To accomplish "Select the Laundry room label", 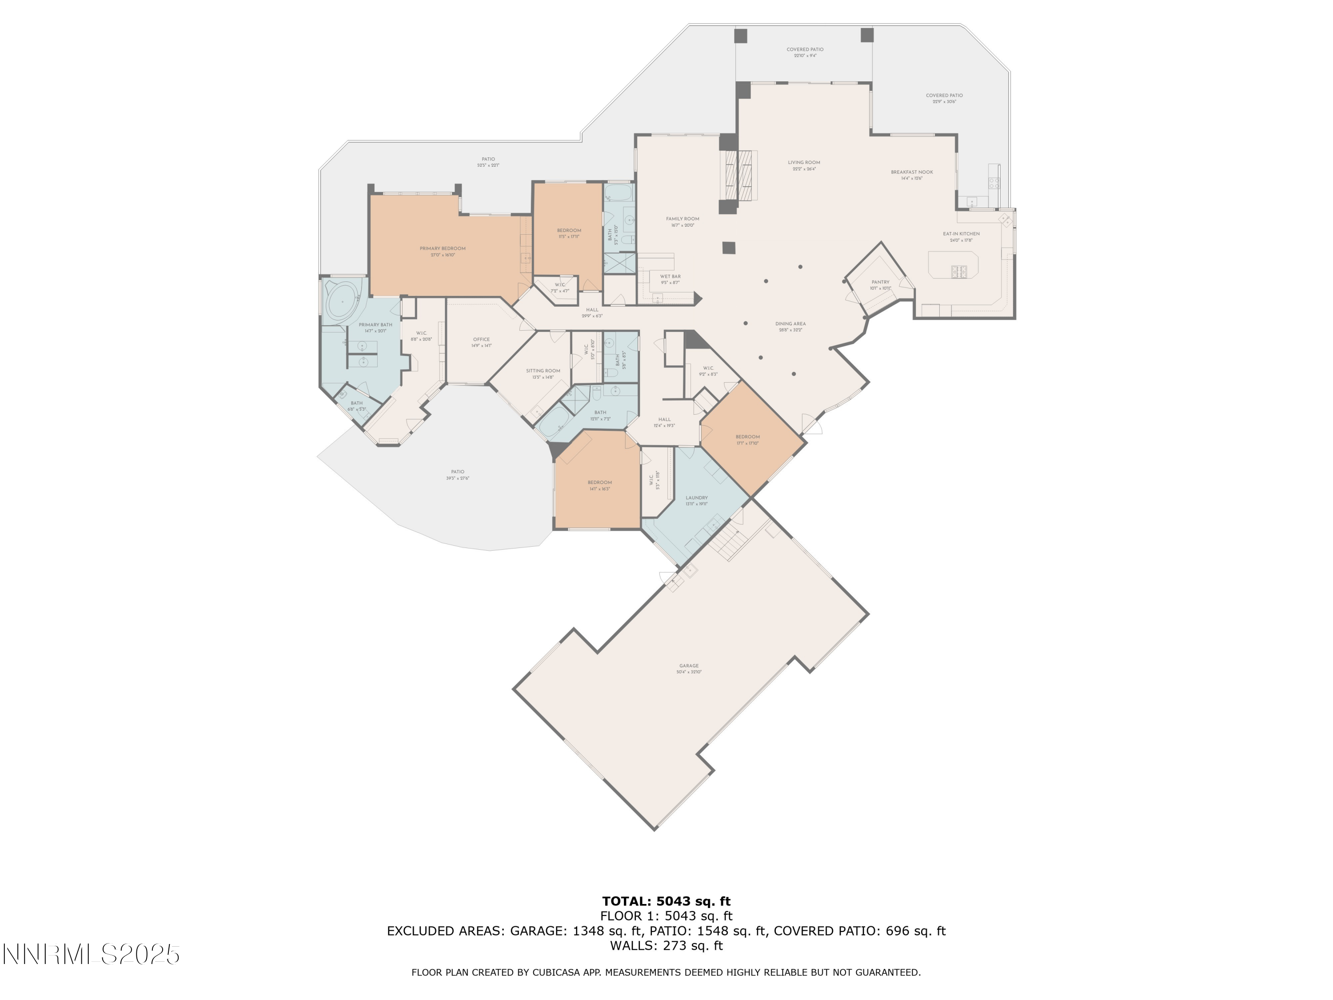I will [696, 498].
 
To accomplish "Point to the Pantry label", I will [880, 282].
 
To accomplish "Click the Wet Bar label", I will [670, 277].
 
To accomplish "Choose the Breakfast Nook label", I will [912, 172].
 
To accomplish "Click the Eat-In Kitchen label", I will [961, 234].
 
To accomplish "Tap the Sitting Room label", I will [543, 371].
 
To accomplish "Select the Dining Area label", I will [790, 324].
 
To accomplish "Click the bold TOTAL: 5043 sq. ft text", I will [666, 901].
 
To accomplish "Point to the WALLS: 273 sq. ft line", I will [666, 946].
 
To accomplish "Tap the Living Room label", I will [804, 163].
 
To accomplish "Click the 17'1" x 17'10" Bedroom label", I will [747, 437].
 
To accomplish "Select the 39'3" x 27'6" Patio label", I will [457, 472].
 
